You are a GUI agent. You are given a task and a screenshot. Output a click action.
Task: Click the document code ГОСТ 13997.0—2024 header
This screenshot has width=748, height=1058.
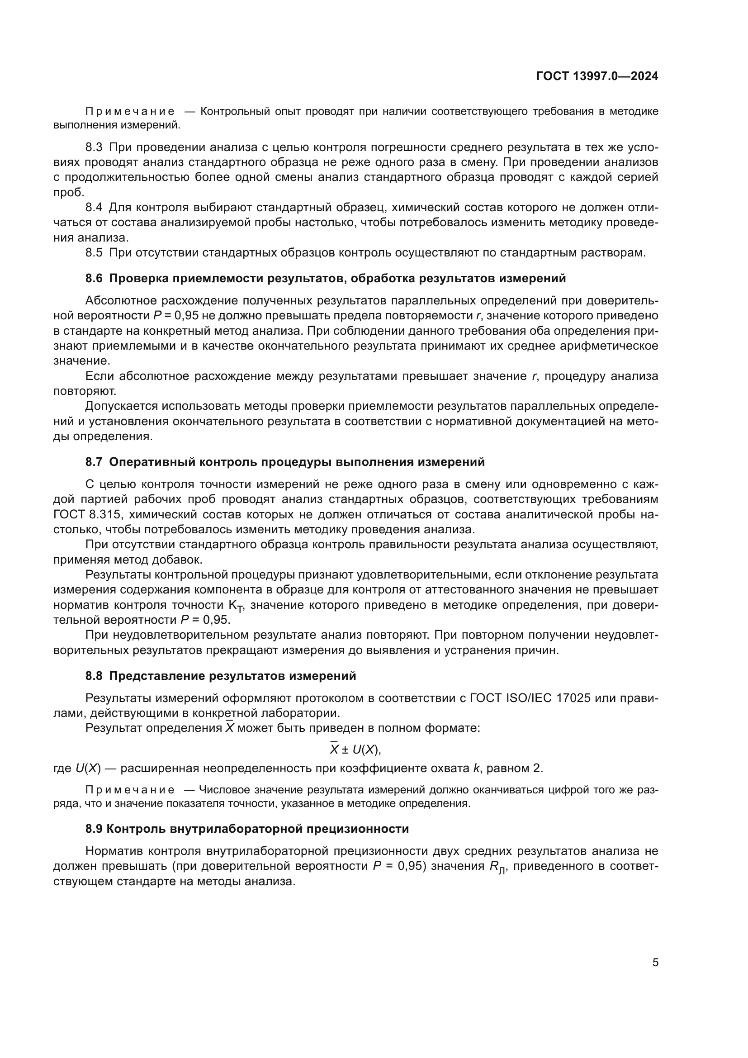click(597, 76)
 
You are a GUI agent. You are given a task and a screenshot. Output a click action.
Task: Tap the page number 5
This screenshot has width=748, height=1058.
click(655, 963)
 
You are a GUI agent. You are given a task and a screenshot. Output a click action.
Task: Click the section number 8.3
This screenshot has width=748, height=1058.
click(94, 147)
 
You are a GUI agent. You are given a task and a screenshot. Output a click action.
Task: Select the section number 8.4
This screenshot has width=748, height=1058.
click(94, 208)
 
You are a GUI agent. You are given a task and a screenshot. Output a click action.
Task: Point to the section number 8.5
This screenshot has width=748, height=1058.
click(94, 252)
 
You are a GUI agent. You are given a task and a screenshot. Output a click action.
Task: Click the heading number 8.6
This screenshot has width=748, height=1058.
click(94, 278)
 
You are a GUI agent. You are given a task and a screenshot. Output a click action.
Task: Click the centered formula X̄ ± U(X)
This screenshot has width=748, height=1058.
click(355, 750)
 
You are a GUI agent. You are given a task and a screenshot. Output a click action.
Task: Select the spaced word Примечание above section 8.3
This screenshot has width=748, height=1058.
click(130, 112)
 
